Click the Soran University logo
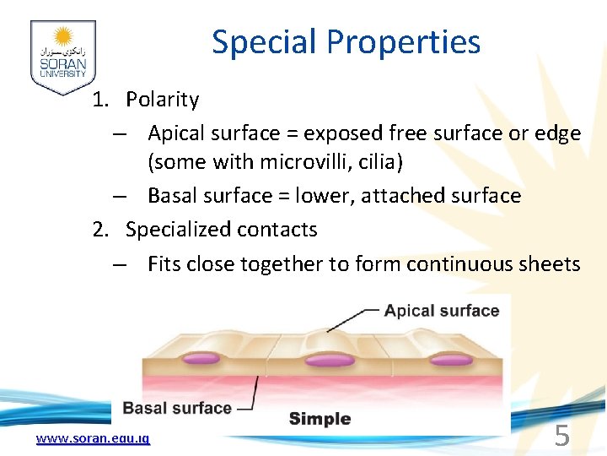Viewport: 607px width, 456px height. [x=62, y=57]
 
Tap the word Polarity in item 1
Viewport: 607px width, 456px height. [x=162, y=100]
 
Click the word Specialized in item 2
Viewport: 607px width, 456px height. [x=179, y=230]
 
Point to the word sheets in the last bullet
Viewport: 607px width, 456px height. [x=545, y=264]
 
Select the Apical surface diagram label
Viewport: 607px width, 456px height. [x=441, y=311]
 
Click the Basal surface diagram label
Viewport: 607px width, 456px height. [x=177, y=409]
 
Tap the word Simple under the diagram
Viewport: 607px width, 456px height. [x=320, y=418]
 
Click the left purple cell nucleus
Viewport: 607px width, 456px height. [x=201, y=359]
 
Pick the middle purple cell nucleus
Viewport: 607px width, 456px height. [x=329, y=361]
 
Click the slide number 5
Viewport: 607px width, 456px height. [x=561, y=436]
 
